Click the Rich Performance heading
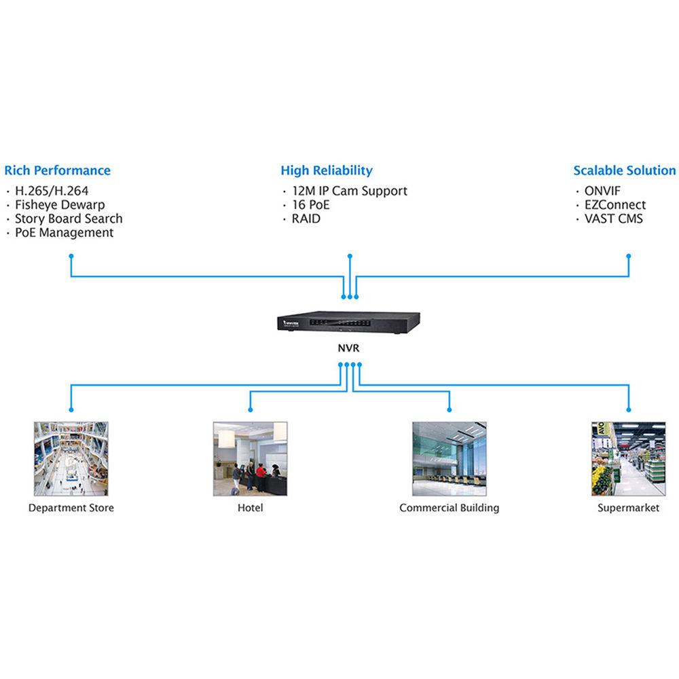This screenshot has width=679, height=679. click(x=57, y=170)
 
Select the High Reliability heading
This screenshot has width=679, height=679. click(x=327, y=170)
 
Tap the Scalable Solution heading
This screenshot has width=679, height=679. click(x=624, y=170)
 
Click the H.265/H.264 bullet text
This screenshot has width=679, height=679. click(x=52, y=191)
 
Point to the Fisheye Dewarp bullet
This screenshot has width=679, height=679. click(x=60, y=204)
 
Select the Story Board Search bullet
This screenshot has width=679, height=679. click(x=69, y=219)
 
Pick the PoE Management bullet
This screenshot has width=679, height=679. click(x=64, y=232)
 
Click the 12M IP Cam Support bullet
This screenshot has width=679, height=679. click(x=350, y=191)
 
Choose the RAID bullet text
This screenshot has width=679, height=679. click(x=306, y=219)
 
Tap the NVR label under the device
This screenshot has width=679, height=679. click(x=350, y=349)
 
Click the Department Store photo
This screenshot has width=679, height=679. click(x=71, y=458)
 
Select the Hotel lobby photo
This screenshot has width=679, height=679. click(x=250, y=458)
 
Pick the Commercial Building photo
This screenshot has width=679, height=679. click(x=449, y=458)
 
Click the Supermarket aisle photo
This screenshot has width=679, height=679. click(x=628, y=458)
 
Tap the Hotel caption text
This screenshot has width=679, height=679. click(x=250, y=508)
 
